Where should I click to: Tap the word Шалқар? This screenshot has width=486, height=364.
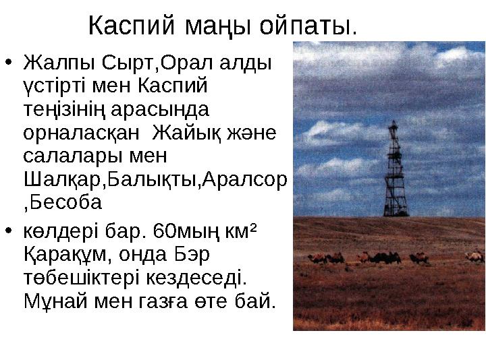(x=59, y=179)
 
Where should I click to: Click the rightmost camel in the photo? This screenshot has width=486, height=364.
(x=476, y=256)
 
